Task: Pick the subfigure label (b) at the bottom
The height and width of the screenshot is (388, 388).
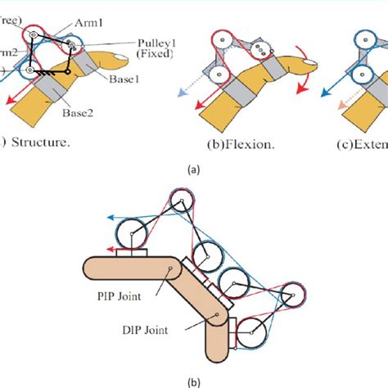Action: [193, 379]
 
